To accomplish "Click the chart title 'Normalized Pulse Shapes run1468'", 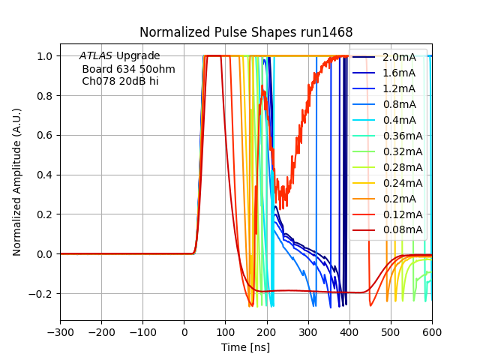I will click(246, 32).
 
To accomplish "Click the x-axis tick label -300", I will click(60, 333).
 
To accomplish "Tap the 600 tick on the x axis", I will click(432, 333).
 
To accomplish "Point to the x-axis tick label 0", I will click(184, 333).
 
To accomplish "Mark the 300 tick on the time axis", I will click(308, 333).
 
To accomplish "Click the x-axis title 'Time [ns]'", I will click(246, 347).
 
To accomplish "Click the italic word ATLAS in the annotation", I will click(96, 56).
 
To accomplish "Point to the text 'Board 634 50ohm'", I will click(128, 69).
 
